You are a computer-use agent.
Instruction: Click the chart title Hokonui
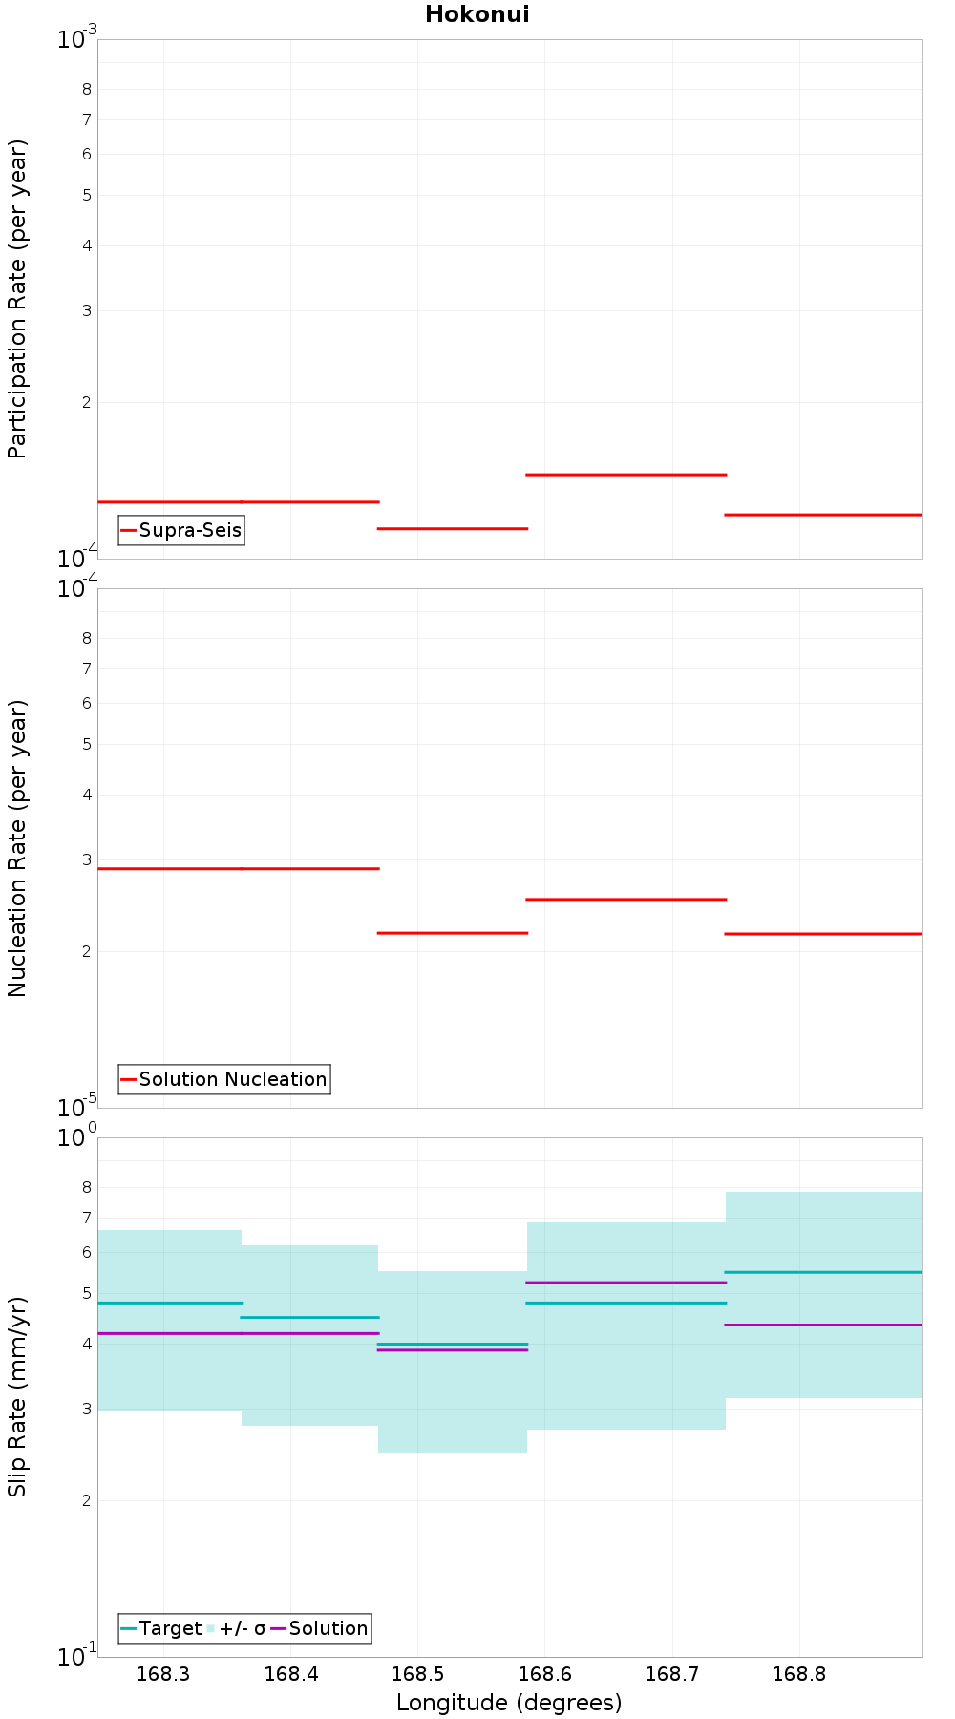tap(477, 14)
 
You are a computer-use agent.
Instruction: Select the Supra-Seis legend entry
tap(181, 530)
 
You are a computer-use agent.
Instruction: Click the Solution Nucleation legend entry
tap(224, 1079)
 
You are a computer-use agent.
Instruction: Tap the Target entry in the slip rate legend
tap(161, 1628)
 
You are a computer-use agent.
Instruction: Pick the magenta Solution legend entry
tap(320, 1628)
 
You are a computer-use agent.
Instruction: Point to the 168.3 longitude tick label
tap(163, 1674)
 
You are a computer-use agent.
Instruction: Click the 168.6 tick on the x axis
tap(544, 1674)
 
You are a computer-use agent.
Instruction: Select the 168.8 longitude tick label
tap(799, 1674)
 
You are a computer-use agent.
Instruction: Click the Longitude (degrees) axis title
tap(509, 1703)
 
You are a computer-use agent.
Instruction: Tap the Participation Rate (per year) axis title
tap(17, 299)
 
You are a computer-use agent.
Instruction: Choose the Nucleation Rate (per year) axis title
tap(17, 849)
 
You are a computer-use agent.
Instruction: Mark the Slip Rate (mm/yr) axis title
tap(17, 1397)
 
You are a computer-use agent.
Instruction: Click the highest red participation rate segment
tap(626, 474)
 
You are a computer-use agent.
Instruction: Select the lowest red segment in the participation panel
tap(453, 528)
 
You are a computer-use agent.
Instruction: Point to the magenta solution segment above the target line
tap(626, 1283)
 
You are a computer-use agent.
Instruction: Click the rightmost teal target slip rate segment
tap(823, 1272)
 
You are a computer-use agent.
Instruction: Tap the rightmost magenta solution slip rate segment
tap(823, 1325)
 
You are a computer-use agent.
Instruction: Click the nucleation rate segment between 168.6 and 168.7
tap(626, 899)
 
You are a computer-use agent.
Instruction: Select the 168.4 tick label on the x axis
tap(290, 1674)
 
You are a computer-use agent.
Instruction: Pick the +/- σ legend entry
tap(236, 1628)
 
